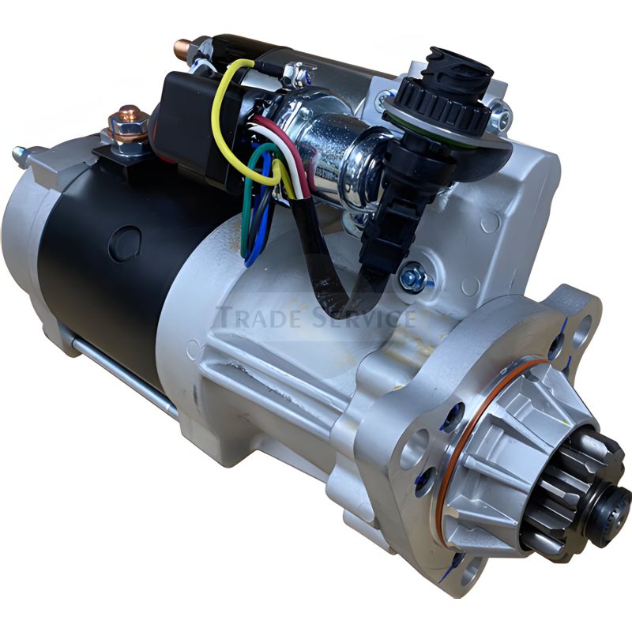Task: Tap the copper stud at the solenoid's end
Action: [x=183, y=47]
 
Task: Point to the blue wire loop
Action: [x=254, y=218]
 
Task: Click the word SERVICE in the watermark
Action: [x=363, y=317]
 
